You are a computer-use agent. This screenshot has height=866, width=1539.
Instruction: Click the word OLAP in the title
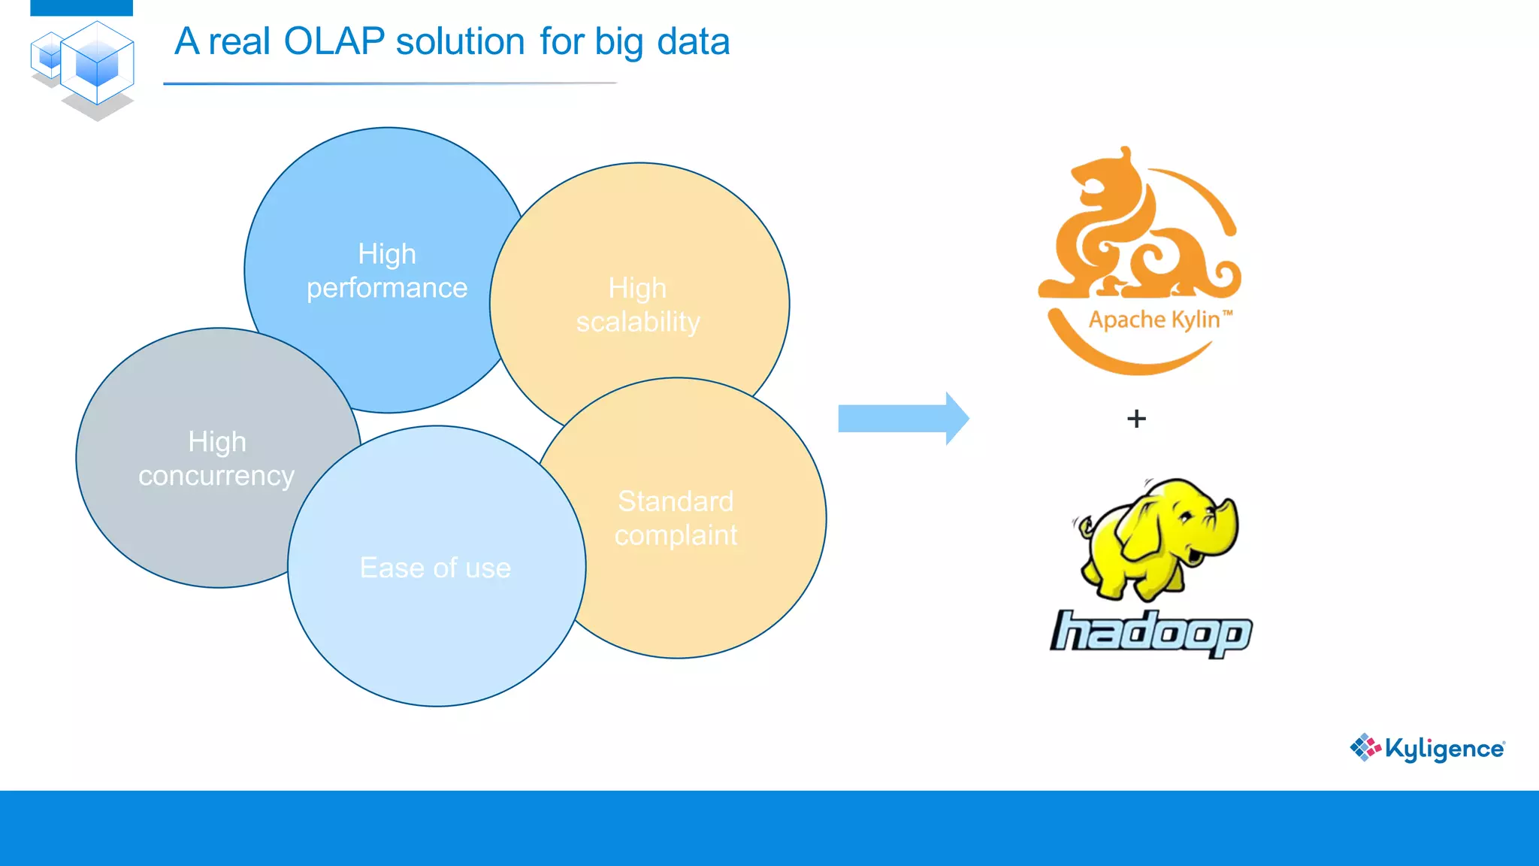pos(334,41)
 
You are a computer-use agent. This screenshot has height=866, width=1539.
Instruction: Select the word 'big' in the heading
pos(619,43)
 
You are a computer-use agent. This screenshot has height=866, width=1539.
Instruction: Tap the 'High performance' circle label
pos(387,271)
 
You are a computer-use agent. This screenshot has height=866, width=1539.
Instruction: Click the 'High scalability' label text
pos(638,304)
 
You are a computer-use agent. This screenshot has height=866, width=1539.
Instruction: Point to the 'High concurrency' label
pos(216,459)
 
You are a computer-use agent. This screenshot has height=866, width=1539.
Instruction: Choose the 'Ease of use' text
pos(435,568)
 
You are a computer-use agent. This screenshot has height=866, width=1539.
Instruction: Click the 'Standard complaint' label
pos(676,518)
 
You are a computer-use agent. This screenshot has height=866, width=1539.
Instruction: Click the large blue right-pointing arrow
pos(903,419)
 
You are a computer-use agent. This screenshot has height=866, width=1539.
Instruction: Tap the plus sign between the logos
pos(1136,419)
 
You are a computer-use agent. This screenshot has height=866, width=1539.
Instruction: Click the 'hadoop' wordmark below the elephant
pos(1150,633)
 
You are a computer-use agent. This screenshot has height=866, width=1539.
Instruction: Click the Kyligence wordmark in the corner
pos(1444,749)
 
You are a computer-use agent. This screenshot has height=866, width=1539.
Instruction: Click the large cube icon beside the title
pos(97,64)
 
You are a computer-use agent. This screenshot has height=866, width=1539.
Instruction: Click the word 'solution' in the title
pos(460,41)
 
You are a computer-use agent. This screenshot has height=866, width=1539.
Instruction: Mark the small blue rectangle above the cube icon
pos(81,8)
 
